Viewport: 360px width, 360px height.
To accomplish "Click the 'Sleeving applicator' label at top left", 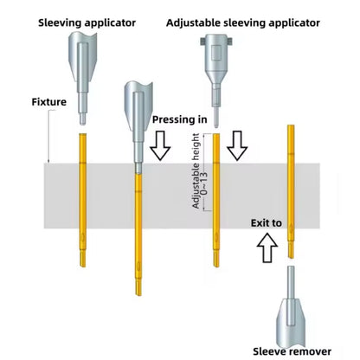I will click(x=87, y=22).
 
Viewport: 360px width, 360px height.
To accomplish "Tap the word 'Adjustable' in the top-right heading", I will click(x=197, y=22).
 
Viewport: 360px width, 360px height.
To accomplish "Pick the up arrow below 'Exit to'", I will click(x=265, y=249).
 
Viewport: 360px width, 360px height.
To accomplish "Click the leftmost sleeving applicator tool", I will click(x=80, y=69).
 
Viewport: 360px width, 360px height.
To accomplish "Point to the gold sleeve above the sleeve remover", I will click(x=291, y=190).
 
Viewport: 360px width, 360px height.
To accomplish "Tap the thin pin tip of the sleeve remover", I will click(x=289, y=281).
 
